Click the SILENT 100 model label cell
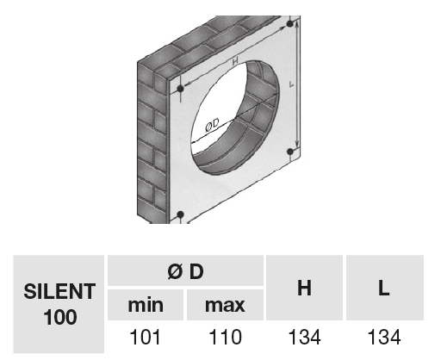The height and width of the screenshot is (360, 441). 59,304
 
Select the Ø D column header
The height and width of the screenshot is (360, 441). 185,270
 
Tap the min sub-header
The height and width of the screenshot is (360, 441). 146,305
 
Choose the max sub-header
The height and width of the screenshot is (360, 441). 225,305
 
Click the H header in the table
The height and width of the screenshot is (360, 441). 304,288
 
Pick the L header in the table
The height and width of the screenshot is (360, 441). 385,288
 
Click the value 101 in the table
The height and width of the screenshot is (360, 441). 146,337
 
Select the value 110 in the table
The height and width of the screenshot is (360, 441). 225,337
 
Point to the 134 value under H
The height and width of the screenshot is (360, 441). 304,337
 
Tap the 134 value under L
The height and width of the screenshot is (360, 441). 384,337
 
